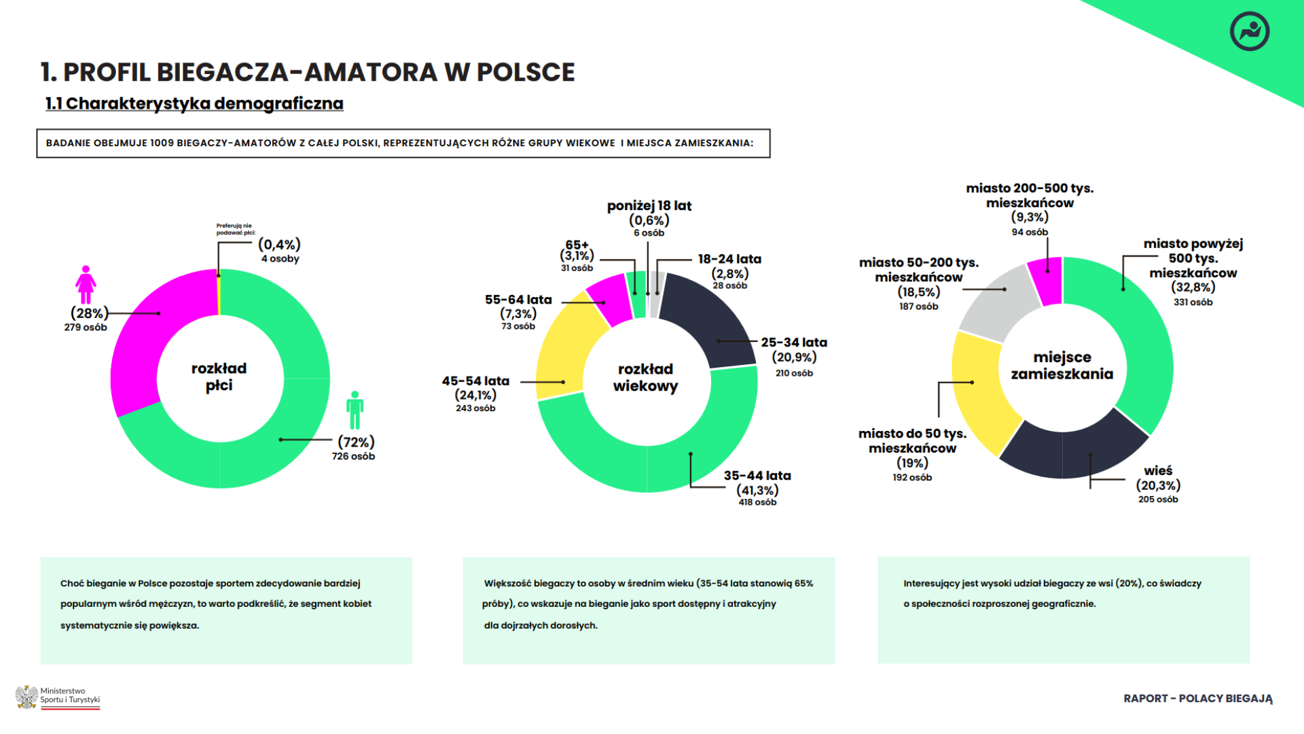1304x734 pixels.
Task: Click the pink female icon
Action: (86, 284)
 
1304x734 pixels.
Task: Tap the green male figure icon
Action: (355, 410)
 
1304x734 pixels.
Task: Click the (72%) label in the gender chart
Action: (356, 442)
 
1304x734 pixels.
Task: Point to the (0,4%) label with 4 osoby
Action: (279, 245)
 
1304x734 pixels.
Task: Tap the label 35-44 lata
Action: (757, 476)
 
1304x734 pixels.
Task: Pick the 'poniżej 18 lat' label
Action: (649, 206)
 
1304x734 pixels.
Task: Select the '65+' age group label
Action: (577, 245)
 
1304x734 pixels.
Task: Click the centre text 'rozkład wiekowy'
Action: (645, 378)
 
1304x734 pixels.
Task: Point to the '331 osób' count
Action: (1193, 302)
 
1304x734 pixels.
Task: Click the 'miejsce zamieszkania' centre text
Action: (1062, 366)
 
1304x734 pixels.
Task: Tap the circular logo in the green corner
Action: (1249, 31)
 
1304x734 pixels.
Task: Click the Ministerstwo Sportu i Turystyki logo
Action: (58, 697)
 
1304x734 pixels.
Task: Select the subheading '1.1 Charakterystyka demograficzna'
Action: (194, 103)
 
